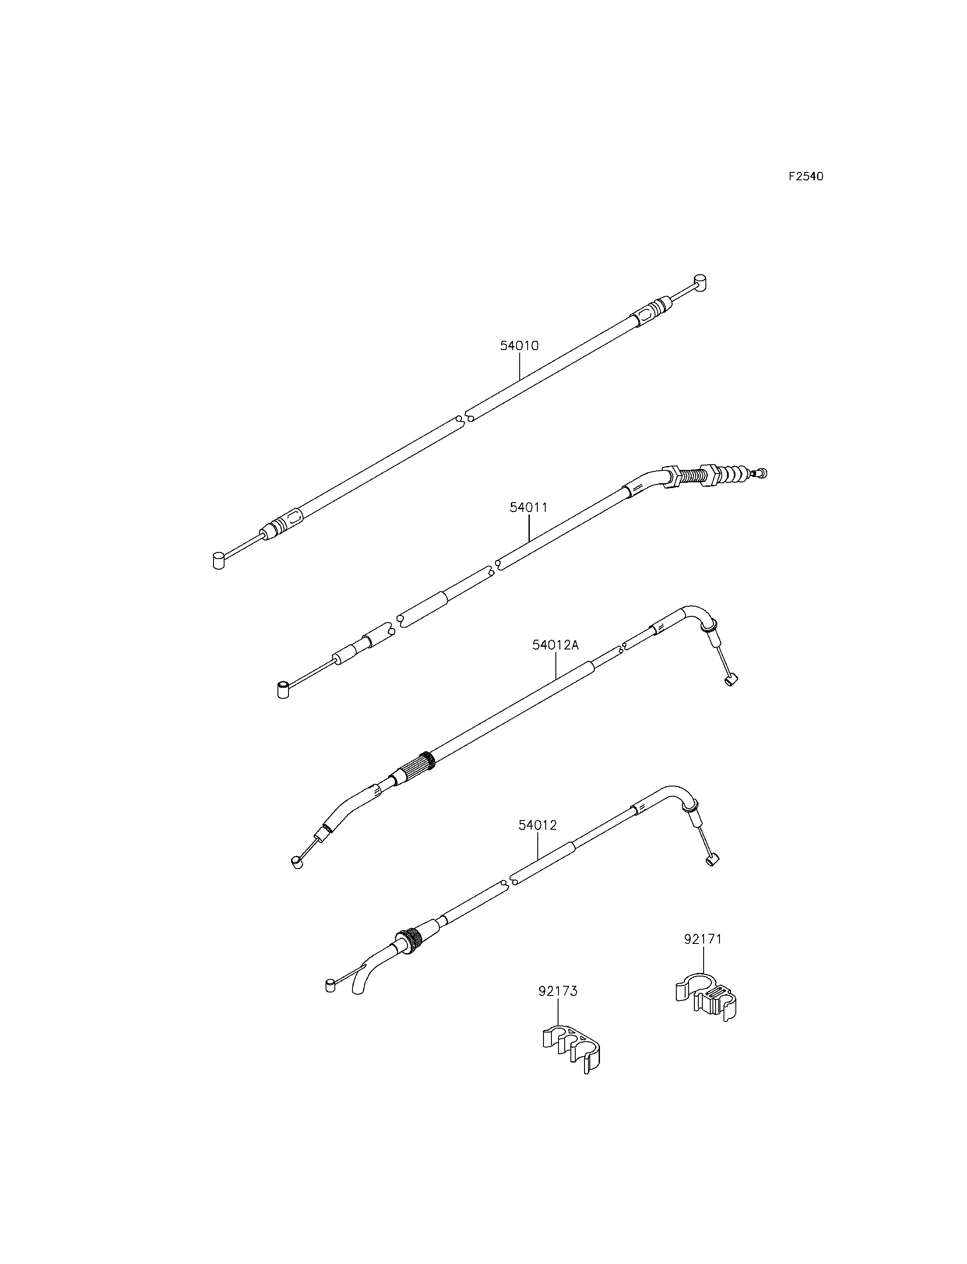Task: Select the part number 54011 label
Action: (x=528, y=507)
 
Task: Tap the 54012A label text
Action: (x=555, y=645)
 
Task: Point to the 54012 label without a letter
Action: (x=538, y=825)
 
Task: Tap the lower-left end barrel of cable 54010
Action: (x=218, y=560)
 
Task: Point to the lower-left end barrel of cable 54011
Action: (x=283, y=690)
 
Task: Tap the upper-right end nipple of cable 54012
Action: (x=712, y=861)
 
